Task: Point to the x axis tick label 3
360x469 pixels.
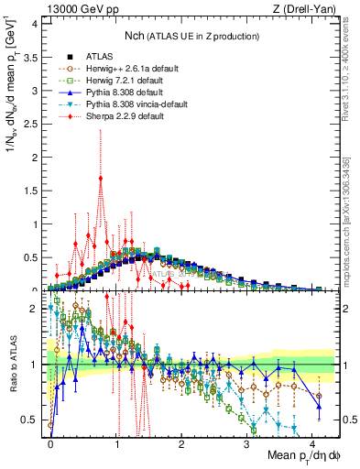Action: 247,442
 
